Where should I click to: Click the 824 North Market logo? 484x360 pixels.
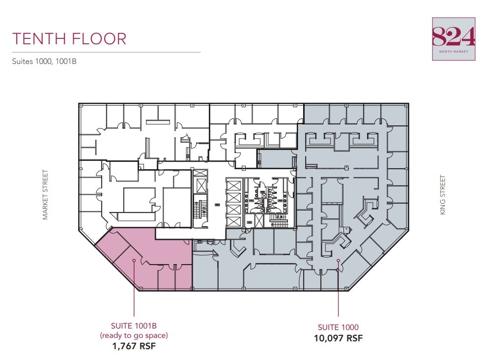(454, 39)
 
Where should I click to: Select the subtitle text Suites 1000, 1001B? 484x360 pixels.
(45, 62)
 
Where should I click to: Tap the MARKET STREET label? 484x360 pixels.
(45, 195)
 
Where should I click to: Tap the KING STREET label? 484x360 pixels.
(443, 195)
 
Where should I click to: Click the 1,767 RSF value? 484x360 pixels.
(134, 346)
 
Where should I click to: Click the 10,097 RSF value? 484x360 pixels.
(338, 338)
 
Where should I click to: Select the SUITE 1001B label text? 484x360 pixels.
(134, 326)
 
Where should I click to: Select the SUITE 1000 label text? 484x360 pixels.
(338, 327)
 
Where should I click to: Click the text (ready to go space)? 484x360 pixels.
(134, 335)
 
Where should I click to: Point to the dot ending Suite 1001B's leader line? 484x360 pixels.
(134, 260)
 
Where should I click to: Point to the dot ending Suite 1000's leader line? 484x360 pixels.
(338, 261)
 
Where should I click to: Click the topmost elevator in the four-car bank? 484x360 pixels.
(234, 186)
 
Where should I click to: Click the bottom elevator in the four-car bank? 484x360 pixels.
(234, 221)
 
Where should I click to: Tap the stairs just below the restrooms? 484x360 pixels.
(279, 221)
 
